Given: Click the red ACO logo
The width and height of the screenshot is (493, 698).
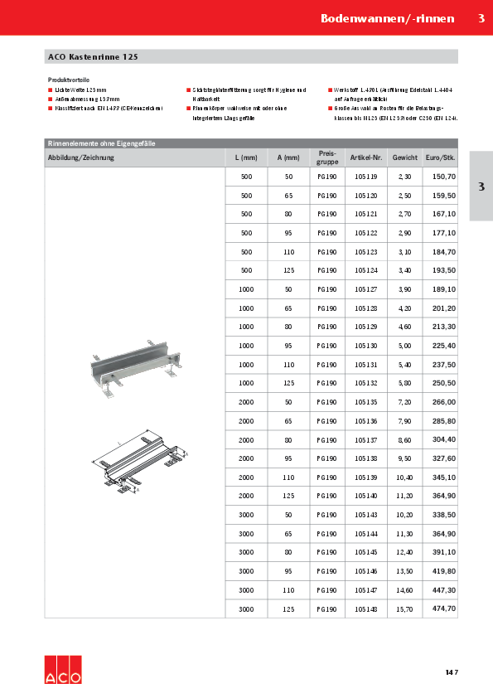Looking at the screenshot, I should pyautogui.click(x=63, y=669).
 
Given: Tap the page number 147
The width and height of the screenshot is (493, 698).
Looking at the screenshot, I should pyautogui.click(x=451, y=671).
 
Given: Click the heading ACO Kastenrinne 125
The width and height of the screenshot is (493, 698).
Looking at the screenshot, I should pyautogui.click(x=93, y=57).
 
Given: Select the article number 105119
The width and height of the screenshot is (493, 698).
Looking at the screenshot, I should pyautogui.click(x=365, y=177).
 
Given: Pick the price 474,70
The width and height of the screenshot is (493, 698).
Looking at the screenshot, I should pyautogui.click(x=439, y=608).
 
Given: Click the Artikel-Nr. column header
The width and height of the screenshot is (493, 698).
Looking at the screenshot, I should pyautogui.click(x=365, y=157).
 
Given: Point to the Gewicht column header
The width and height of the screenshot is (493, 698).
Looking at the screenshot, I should pyautogui.click(x=404, y=157).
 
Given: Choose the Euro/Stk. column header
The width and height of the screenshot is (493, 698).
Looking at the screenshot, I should pyautogui.click(x=440, y=157).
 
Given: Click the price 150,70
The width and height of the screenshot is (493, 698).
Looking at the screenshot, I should pyautogui.click(x=439, y=177).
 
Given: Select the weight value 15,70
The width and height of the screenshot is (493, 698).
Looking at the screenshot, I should pyautogui.click(x=404, y=608).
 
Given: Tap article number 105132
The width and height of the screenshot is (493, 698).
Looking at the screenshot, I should pyautogui.click(x=365, y=383).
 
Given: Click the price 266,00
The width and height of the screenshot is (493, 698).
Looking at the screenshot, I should pyautogui.click(x=439, y=402).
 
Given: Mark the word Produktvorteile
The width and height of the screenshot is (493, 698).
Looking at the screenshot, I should pyautogui.click(x=69, y=80).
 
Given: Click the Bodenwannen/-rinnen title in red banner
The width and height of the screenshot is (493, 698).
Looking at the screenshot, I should pyautogui.click(x=387, y=17).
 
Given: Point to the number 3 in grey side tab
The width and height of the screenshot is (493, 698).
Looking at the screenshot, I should pyautogui.click(x=481, y=187).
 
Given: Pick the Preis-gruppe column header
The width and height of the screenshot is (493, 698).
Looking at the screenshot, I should pyautogui.click(x=326, y=157).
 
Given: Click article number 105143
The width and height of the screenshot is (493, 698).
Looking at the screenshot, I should pyautogui.click(x=365, y=516).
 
